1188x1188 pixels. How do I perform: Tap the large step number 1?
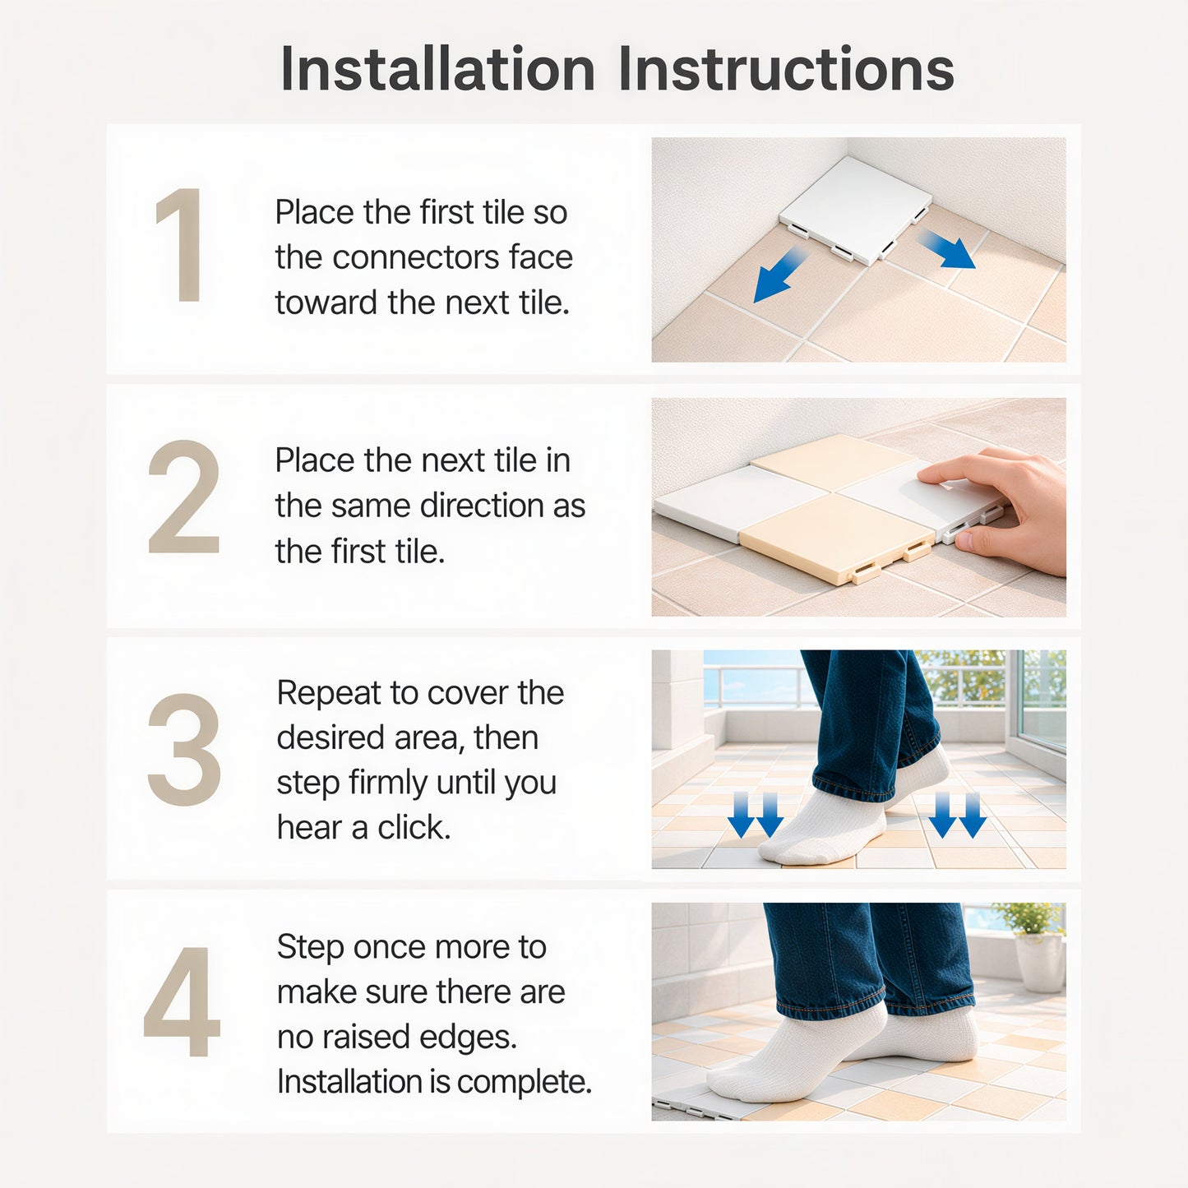[x=180, y=245]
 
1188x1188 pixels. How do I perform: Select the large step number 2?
[x=183, y=497]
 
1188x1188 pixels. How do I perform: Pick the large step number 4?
[x=182, y=1001]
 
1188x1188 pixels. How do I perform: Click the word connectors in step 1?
[x=416, y=257]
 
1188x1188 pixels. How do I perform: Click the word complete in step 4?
[x=524, y=1082]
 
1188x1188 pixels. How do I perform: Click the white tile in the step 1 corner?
[x=857, y=210]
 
